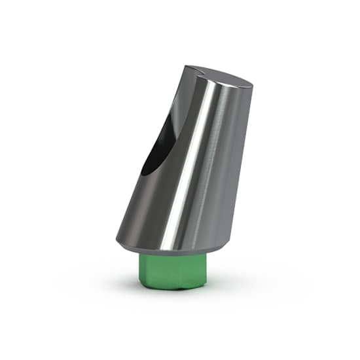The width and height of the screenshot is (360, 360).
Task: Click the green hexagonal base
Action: coord(173,272)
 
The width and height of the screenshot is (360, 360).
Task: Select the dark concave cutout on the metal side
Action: coord(157,147)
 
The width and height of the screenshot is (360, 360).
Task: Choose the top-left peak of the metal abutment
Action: coord(186,67)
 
